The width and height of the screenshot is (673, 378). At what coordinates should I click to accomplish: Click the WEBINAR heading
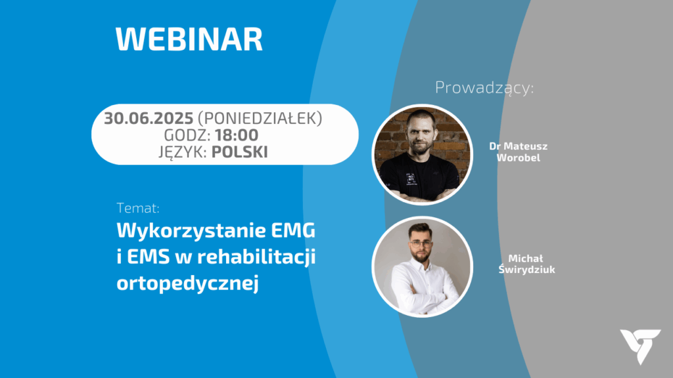[x=189, y=39]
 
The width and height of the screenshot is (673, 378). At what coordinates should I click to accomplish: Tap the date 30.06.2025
[x=149, y=118]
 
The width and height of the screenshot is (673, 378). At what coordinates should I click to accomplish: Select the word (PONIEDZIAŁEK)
[x=260, y=119]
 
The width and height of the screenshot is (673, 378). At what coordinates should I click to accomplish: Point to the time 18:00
[x=237, y=135]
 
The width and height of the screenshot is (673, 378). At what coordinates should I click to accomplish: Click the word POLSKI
[x=239, y=152]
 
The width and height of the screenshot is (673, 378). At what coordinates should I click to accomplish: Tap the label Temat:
[x=138, y=208]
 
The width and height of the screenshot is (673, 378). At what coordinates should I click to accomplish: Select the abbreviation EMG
[x=293, y=230]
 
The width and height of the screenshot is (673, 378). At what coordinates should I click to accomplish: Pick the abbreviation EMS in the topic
[x=147, y=257]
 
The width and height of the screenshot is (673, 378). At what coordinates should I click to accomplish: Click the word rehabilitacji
[x=257, y=257]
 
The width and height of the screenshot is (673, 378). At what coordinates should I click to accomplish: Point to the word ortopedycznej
[x=187, y=283]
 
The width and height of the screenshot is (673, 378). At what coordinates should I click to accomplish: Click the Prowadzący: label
[x=484, y=88]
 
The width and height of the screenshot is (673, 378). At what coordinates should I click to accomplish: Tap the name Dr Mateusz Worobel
[x=519, y=152]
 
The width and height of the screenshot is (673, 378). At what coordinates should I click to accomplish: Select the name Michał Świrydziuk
[x=526, y=264]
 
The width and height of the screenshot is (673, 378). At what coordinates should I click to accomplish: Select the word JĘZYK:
[x=183, y=152]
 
